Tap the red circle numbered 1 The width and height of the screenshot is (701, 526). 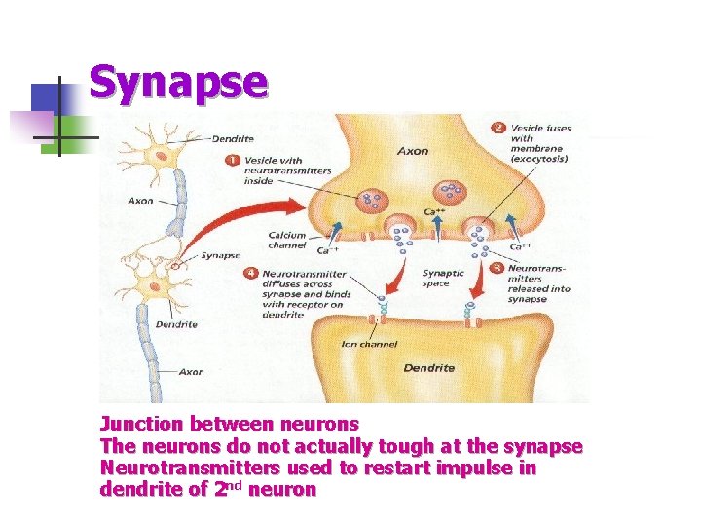coord(235,160)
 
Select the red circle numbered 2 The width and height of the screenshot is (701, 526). coord(499,128)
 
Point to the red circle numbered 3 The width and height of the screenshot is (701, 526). coord(498,267)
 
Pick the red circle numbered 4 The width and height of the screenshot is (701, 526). coord(250,275)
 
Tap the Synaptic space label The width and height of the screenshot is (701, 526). coord(443,279)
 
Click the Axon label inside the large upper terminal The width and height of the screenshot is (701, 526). coord(412,151)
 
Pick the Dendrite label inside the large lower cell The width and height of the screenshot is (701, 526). coord(429,368)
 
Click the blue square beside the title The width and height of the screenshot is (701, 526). coord(46,97)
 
